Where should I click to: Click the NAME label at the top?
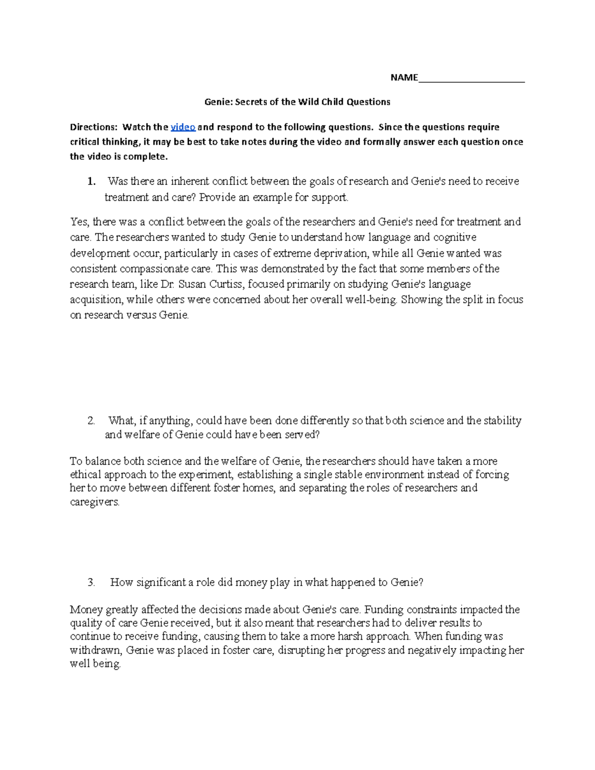(x=404, y=77)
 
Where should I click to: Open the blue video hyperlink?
(x=183, y=127)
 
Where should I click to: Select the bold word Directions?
(x=94, y=127)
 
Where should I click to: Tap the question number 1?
(x=91, y=181)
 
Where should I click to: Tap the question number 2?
(x=91, y=421)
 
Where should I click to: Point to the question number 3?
(x=91, y=583)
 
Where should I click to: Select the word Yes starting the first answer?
(x=79, y=222)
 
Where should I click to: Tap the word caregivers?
(x=95, y=502)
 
